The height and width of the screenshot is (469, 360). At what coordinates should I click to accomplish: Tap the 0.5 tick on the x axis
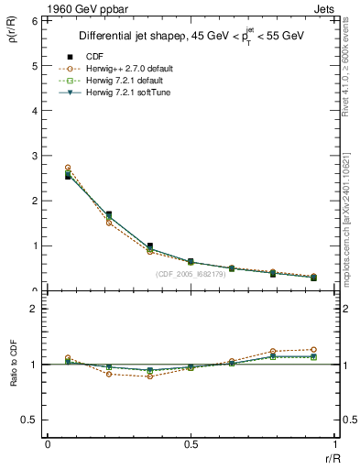tap(191, 444)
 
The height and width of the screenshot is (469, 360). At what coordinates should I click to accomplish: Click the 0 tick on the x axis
tap(48, 444)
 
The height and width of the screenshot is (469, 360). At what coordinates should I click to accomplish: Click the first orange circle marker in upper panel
tap(68, 168)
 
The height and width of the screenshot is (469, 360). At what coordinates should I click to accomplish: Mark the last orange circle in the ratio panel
tap(313, 349)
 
